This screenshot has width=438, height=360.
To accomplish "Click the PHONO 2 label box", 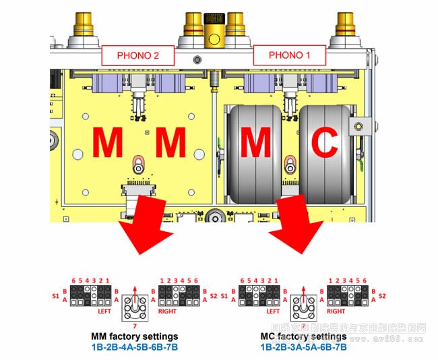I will [x=137, y=55].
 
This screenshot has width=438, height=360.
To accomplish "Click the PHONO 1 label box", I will [x=289, y=55].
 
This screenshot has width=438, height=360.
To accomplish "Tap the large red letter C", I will [x=326, y=144].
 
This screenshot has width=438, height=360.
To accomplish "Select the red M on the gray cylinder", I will [x=255, y=144].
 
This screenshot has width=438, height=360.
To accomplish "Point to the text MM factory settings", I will [x=135, y=336].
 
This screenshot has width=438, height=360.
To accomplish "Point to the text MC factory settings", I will [x=303, y=336].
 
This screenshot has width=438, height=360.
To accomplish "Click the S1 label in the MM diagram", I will [x=56, y=295].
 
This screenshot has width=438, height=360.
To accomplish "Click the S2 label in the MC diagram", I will [x=383, y=295].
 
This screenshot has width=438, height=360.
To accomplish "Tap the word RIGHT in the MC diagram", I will [x=335, y=311].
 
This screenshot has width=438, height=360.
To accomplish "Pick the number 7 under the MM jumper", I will [x=134, y=326].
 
